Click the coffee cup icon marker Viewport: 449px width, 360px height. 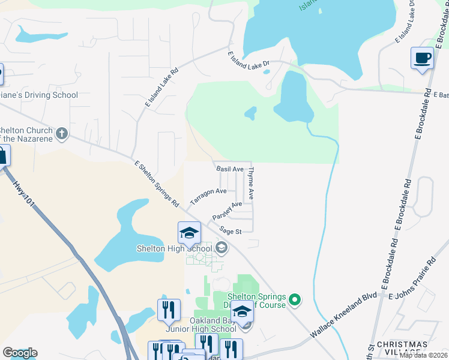pos(423,59)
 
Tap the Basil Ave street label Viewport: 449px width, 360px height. pos(230,170)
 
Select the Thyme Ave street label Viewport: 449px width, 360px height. pos(252,184)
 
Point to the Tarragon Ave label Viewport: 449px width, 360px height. pos(208,196)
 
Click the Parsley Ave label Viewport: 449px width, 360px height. pos(227,211)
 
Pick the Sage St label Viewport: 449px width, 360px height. pos(230,231)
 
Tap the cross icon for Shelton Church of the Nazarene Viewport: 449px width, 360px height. pos(62,133)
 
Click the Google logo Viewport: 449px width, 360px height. pos(20,352)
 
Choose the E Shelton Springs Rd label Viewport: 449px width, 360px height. pos(157,184)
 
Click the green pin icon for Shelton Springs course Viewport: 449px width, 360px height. pos(294,298)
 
